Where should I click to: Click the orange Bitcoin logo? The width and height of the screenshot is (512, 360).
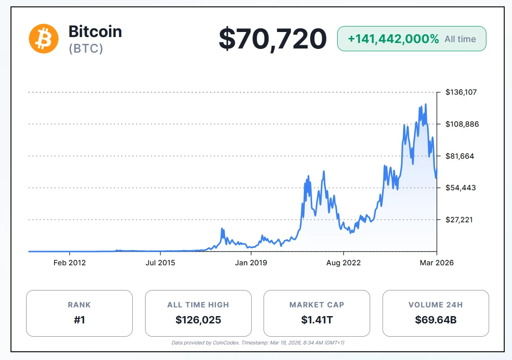(44, 38)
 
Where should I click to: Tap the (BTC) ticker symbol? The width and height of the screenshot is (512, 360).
(86, 48)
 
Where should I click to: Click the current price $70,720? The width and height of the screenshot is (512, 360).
(272, 39)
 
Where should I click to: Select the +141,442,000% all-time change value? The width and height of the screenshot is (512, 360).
(393, 39)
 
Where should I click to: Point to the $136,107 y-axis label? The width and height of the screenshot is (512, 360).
(461, 92)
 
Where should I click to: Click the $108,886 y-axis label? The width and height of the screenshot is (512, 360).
(461, 124)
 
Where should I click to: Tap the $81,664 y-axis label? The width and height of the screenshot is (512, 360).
(460, 156)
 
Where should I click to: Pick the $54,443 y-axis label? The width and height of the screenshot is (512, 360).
(460, 188)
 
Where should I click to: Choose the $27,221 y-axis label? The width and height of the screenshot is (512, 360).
(460, 220)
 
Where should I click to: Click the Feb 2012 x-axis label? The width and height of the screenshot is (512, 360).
(70, 263)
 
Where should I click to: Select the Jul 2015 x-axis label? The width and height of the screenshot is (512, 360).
(160, 263)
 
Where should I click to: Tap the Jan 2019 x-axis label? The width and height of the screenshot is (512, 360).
(251, 263)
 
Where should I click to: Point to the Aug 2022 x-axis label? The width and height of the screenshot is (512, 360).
(344, 263)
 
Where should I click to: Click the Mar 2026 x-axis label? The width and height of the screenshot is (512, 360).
(437, 263)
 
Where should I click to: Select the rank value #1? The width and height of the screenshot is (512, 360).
(79, 319)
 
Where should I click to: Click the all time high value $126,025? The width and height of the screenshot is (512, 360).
(198, 319)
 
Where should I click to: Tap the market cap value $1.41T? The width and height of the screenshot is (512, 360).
(317, 319)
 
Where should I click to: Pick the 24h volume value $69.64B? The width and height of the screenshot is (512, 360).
(436, 319)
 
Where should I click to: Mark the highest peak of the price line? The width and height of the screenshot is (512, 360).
(426, 104)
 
